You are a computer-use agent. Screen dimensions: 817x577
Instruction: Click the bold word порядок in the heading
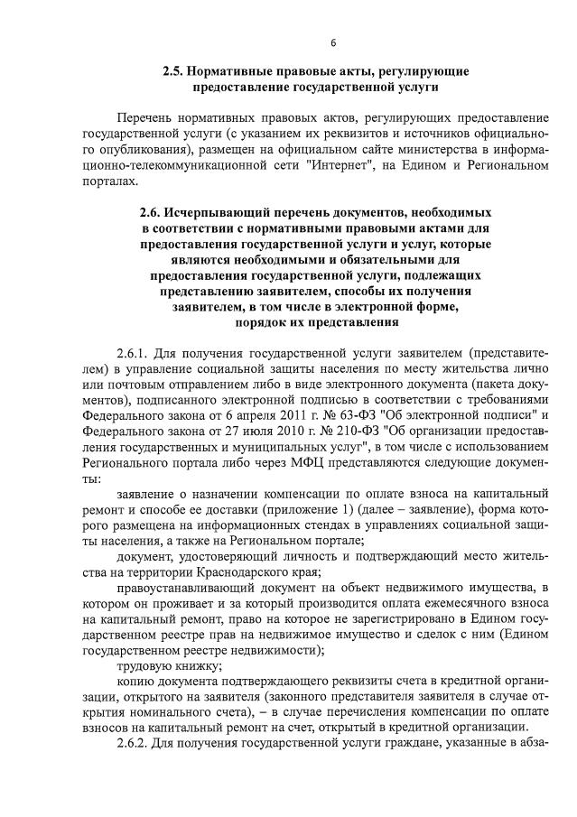click(x=260, y=322)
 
